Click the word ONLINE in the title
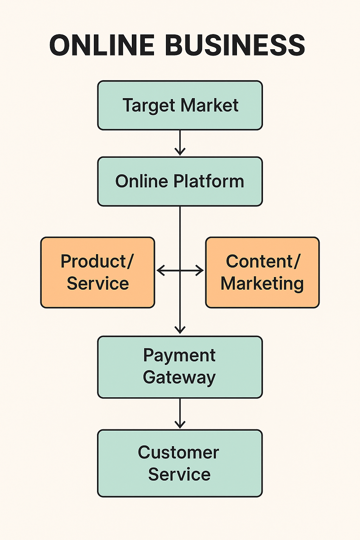[102, 45]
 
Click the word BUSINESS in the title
[234, 45]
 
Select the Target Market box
[180, 105]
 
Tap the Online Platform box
[180, 181]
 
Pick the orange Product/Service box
[98, 272]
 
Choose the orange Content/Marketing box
[262, 272]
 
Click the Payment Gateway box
[180, 367]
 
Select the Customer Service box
[180, 463]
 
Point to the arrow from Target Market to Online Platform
[180, 143]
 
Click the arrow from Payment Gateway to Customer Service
[180, 413]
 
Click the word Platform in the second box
[209, 181]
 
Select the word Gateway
[179, 378]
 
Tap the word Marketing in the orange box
[262, 283]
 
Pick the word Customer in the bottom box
[179, 452]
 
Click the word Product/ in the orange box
[97, 262]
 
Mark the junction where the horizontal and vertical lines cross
[180, 271]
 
